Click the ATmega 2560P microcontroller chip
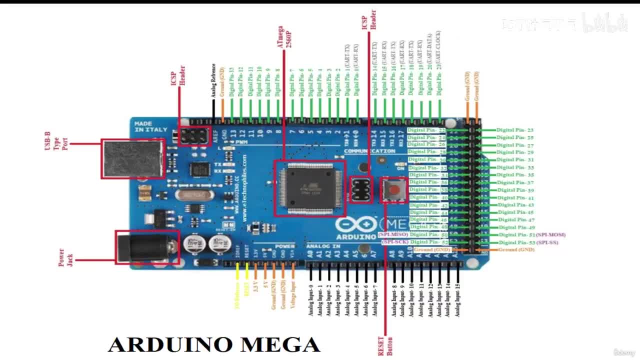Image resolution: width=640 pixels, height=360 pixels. coord(309,188)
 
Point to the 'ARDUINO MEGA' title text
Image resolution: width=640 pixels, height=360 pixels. coord(214,344)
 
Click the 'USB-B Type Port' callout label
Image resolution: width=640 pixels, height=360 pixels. coord(56,141)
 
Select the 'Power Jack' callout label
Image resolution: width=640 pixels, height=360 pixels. coord(65,257)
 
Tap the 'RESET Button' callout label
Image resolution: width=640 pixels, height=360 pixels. coord(385,345)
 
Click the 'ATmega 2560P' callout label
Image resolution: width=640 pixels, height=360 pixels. coord(284,37)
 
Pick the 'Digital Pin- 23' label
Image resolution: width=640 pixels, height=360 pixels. coord(515,130)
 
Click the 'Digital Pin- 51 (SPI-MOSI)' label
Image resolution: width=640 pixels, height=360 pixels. coord(532,234)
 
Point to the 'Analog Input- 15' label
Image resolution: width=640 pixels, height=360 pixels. coord(457,299)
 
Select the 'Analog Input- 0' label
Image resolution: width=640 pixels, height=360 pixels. coord(310,300)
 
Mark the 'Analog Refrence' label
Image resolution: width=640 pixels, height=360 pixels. coord(213,80)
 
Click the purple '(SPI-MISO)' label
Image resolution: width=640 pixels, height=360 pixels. coord(393,234)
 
